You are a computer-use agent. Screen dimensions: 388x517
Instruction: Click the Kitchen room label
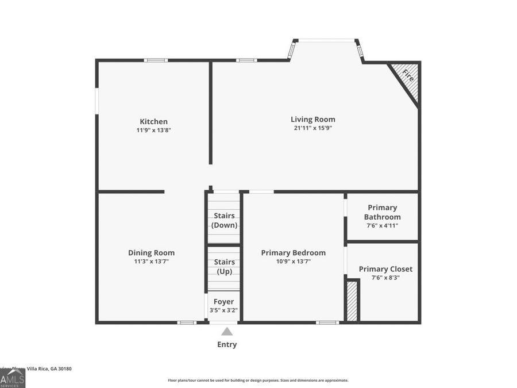[x=154, y=121]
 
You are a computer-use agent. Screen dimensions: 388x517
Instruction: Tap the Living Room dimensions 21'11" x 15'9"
[x=313, y=128]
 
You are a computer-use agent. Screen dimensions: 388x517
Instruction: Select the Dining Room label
[x=151, y=252]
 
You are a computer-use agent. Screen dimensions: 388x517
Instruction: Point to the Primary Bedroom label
[x=293, y=252]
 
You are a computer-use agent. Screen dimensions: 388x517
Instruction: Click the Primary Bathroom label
[x=382, y=212]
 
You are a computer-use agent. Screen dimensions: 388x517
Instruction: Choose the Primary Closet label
[x=385, y=268]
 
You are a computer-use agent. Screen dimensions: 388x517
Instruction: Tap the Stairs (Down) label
[x=224, y=220]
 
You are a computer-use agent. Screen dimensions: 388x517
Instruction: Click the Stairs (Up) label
[x=224, y=266]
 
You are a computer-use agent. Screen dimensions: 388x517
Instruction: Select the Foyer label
[x=223, y=301]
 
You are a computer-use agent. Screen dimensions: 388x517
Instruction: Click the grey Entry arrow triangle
[x=227, y=331]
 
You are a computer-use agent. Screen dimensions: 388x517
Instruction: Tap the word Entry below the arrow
[x=227, y=344]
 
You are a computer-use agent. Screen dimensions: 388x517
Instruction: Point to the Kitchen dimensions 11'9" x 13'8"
[x=154, y=130]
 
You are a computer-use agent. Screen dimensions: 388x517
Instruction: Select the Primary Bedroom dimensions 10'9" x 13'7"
[x=293, y=262]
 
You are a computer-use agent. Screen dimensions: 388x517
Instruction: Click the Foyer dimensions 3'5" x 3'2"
[x=223, y=310]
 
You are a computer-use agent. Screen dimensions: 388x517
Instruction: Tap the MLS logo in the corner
[x=12, y=378]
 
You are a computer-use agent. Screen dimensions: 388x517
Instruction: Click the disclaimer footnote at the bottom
[x=258, y=380]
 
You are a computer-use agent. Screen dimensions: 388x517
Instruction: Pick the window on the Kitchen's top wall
[x=156, y=60]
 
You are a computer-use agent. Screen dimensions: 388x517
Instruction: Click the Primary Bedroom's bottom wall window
[x=327, y=322]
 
